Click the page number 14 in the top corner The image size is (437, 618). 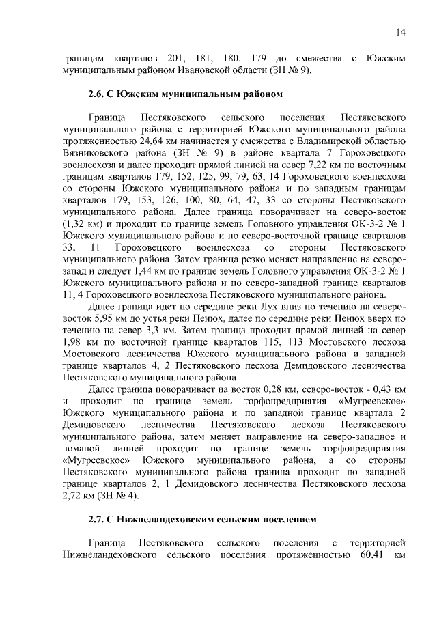[x=401, y=31]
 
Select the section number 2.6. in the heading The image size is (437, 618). [x=99, y=92]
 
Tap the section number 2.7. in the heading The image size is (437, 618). [x=99, y=520]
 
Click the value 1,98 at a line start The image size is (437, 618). [x=72, y=341]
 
